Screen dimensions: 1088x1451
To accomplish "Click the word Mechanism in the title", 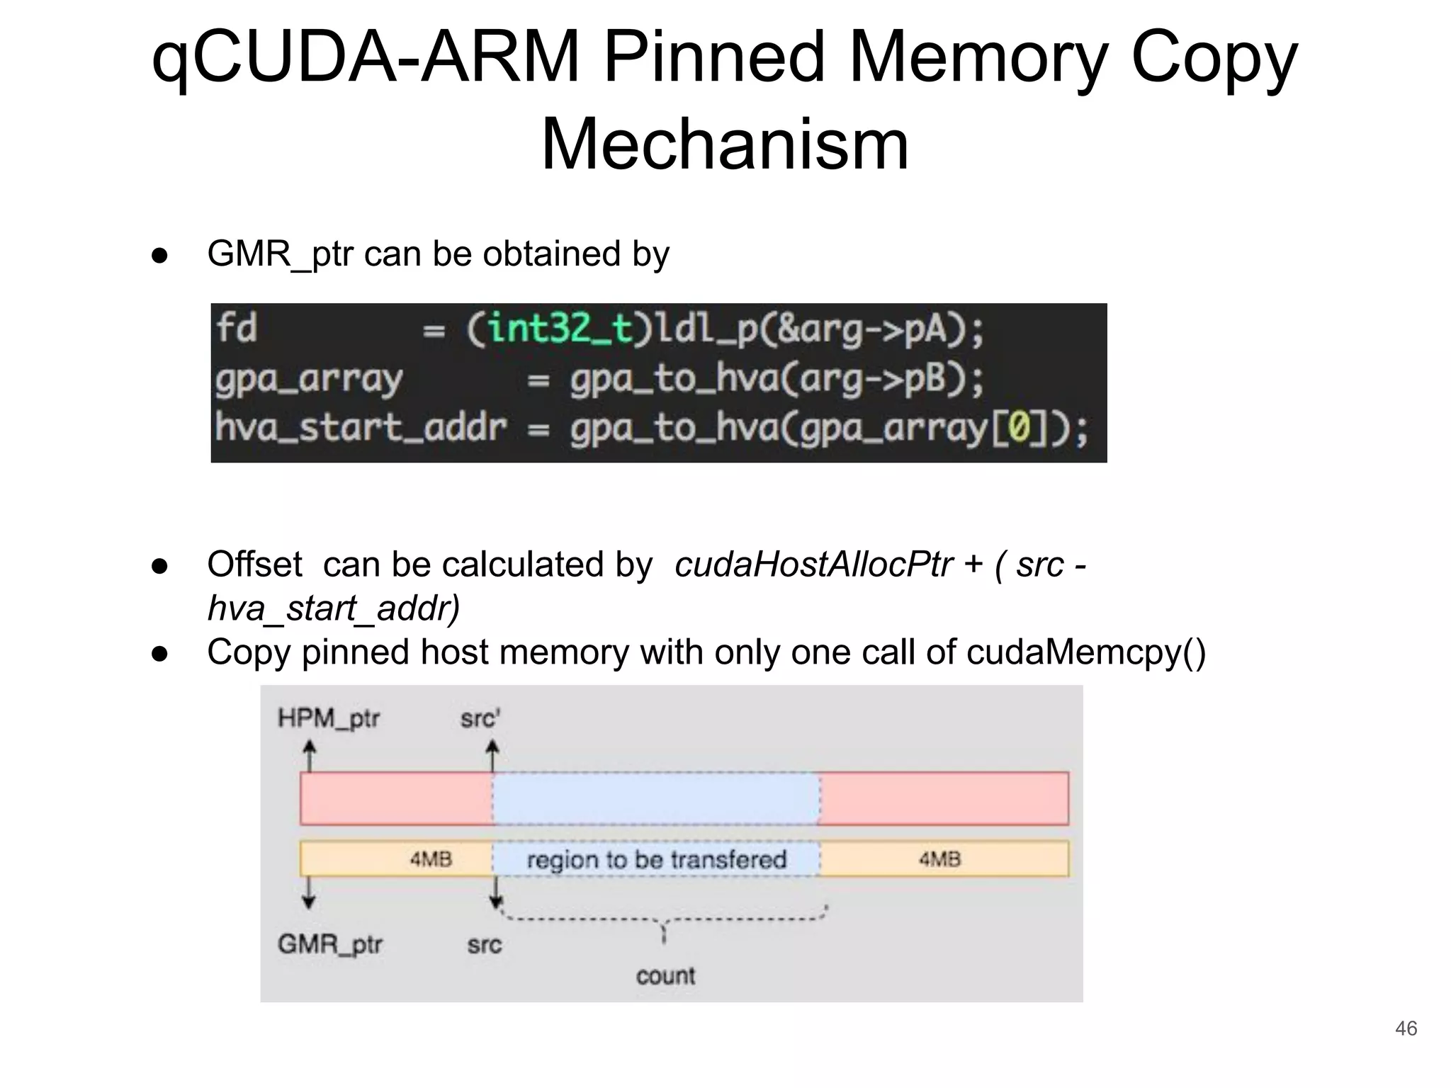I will (725, 145).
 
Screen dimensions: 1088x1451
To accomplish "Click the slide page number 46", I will (1406, 1028).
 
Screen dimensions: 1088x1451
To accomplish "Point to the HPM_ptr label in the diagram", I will (329, 719).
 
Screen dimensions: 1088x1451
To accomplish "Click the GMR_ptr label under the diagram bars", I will (330, 944).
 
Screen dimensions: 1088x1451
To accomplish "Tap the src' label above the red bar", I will (480, 719).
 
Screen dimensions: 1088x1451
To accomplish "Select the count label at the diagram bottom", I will (665, 976).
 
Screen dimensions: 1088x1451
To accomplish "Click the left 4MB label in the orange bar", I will (431, 859).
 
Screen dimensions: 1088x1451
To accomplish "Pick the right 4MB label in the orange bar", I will (939, 859).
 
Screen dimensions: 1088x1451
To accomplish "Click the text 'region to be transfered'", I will (657, 860).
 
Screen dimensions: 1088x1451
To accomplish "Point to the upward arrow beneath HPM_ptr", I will (309, 755).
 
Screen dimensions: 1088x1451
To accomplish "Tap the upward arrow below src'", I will (492, 755).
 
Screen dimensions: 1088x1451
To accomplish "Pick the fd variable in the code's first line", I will (237, 329).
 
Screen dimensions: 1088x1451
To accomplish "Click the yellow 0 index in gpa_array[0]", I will (1018, 429).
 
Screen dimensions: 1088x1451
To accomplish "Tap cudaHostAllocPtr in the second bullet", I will (813, 565).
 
